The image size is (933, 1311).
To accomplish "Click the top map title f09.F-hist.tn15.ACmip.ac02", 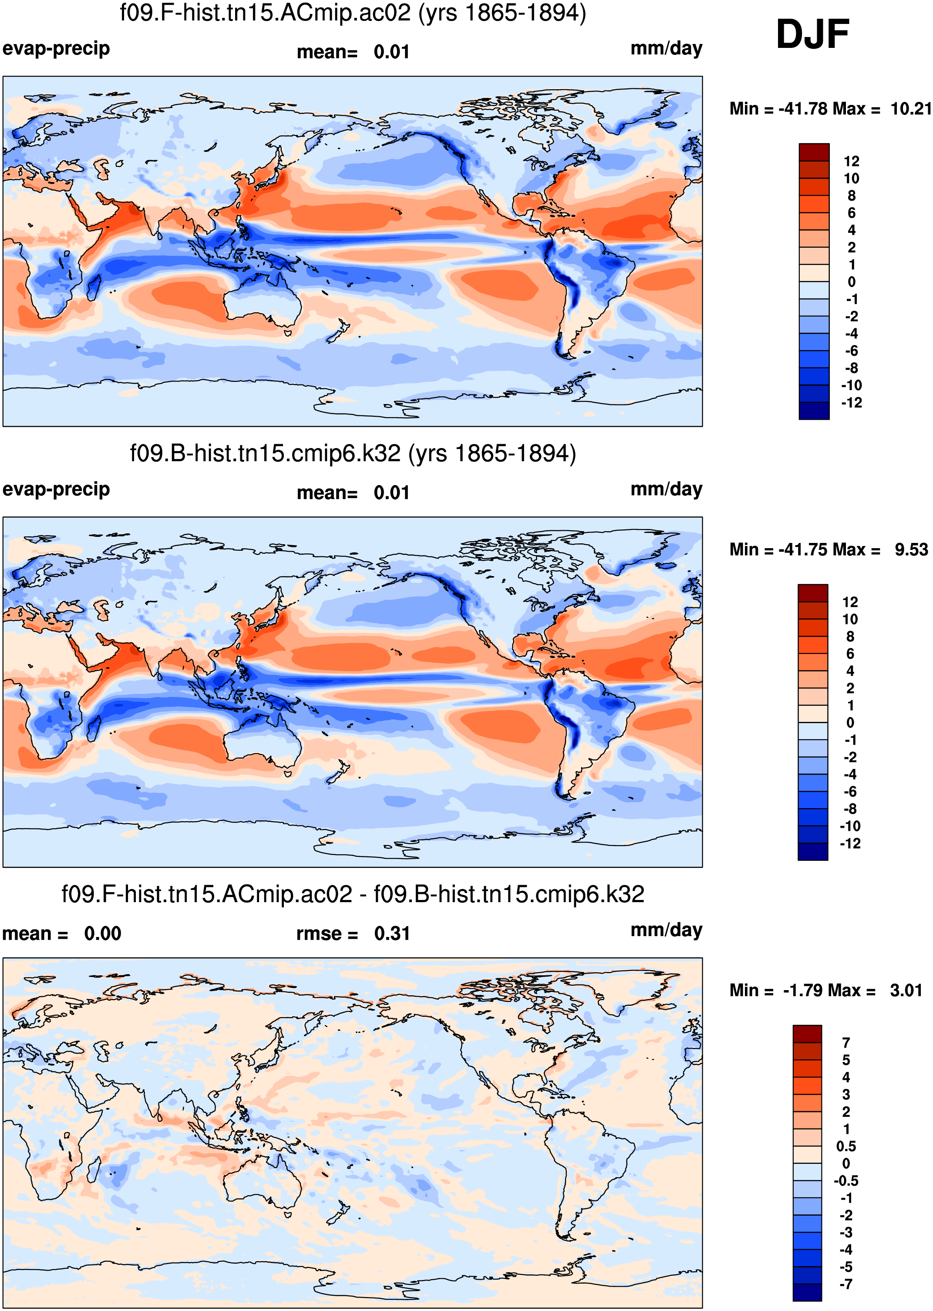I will (353, 13).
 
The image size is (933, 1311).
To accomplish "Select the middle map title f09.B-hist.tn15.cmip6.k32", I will (353, 453).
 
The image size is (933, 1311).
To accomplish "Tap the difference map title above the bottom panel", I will (353, 894).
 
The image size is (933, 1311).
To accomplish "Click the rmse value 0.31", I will (392, 934).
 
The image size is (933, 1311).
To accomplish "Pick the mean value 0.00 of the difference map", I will (102, 934).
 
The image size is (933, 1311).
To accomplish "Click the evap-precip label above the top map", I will (56, 49).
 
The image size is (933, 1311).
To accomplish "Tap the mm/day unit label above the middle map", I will (667, 489).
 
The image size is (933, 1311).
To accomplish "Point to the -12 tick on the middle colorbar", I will (850, 843).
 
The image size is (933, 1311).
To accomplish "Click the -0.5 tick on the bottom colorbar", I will (845, 1180).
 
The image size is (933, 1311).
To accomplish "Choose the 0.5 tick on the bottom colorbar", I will (845, 1146).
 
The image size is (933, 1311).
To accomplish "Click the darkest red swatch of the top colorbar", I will (814, 152).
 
